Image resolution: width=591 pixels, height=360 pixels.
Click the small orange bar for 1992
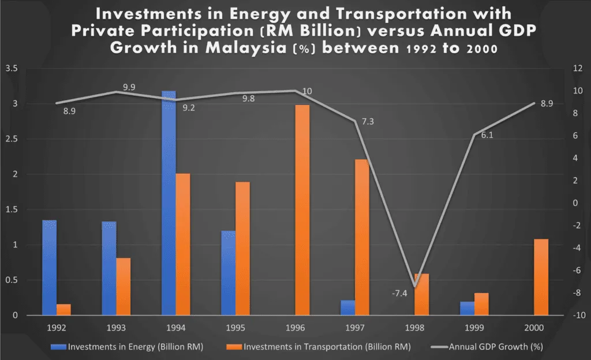(x=64, y=309)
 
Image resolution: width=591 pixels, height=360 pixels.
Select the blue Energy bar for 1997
(x=347, y=307)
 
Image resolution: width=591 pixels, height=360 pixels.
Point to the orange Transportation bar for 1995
(x=242, y=248)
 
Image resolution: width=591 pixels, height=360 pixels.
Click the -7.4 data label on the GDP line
(x=399, y=293)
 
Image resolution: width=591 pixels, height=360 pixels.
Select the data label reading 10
(x=307, y=91)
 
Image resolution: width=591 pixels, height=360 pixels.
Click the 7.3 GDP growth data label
(x=368, y=122)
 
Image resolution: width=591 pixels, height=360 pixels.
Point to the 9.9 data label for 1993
(x=129, y=87)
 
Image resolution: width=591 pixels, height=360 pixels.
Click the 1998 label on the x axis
(x=414, y=328)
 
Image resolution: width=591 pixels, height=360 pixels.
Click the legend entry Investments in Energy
(x=130, y=347)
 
